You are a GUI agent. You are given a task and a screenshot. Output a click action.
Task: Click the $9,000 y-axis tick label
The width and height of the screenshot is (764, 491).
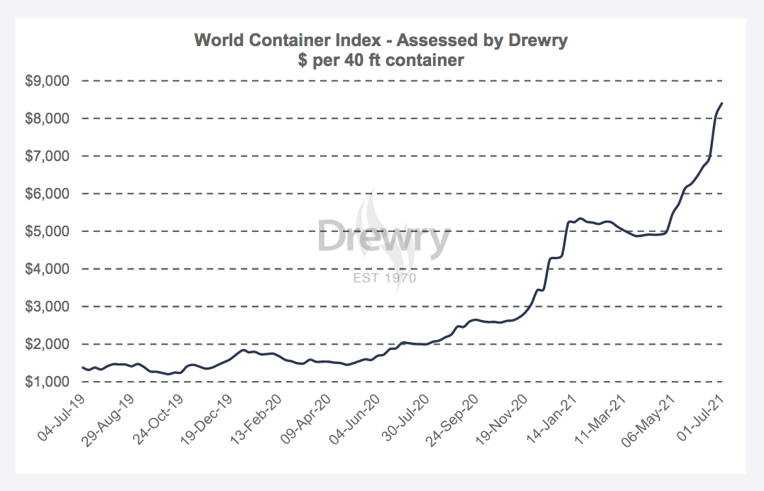(x=48, y=81)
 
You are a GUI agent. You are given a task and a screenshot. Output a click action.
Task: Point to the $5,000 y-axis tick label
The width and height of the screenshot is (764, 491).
(x=48, y=231)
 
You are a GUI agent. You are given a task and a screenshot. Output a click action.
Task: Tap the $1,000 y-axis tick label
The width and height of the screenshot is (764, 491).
(x=48, y=382)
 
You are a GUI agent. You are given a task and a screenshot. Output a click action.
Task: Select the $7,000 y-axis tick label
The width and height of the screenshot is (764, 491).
(x=48, y=156)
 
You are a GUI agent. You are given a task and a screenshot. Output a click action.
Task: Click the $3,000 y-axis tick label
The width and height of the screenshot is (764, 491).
(x=48, y=307)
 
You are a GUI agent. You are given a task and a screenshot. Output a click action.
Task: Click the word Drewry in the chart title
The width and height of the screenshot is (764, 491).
(x=537, y=40)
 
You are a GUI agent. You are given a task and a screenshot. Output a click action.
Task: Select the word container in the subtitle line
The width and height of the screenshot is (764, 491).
(x=425, y=60)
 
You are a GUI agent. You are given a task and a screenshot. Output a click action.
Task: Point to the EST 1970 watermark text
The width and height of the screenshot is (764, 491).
(x=384, y=277)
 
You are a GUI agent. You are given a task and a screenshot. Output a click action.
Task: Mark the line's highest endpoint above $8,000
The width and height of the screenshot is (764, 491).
(x=722, y=104)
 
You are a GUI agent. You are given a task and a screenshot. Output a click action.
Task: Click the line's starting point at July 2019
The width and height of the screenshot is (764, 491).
(x=83, y=368)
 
